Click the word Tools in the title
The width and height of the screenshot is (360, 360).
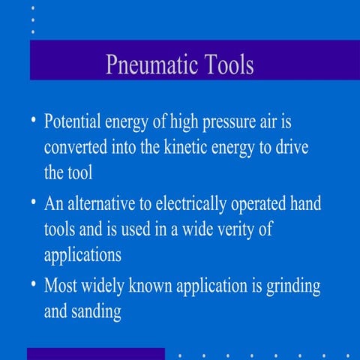click(228, 64)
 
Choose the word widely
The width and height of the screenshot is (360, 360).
click(114, 286)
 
